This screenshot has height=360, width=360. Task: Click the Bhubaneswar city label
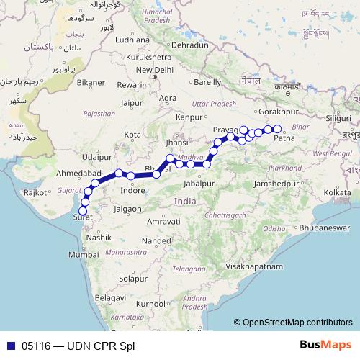(321, 228)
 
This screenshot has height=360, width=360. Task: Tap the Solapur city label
(132, 278)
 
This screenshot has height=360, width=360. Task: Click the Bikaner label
(91, 83)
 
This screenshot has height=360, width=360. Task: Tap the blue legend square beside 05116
(9, 346)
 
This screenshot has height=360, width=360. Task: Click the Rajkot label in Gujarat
(35, 193)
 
